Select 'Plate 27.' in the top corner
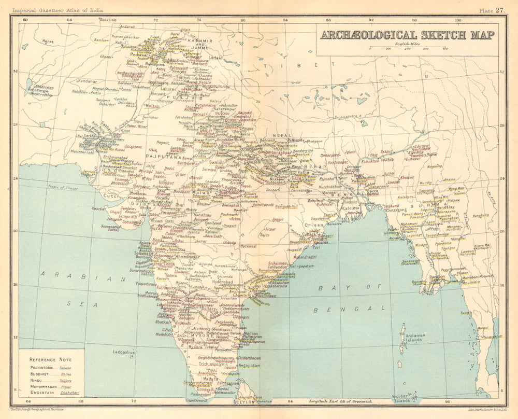(492, 10)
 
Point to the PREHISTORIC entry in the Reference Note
(45, 368)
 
